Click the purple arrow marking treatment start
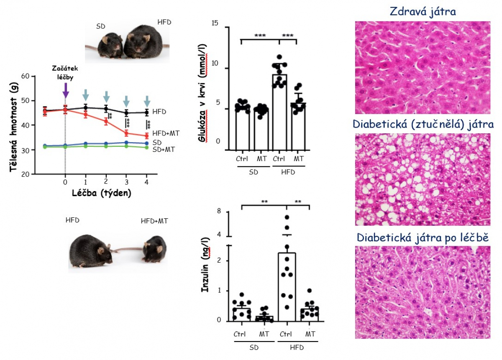[x=65, y=90]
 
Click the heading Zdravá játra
[x=423, y=11]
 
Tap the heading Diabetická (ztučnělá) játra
[x=423, y=124]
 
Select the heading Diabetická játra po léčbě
[x=423, y=237]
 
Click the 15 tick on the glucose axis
[x=216, y=28]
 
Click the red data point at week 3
[x=126, y=133]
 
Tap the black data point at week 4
[x=147, y=112]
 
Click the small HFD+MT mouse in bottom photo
[x=154, y=249]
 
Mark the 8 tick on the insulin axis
[x=218, y=212]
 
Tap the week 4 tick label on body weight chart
[x=146, y=182]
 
